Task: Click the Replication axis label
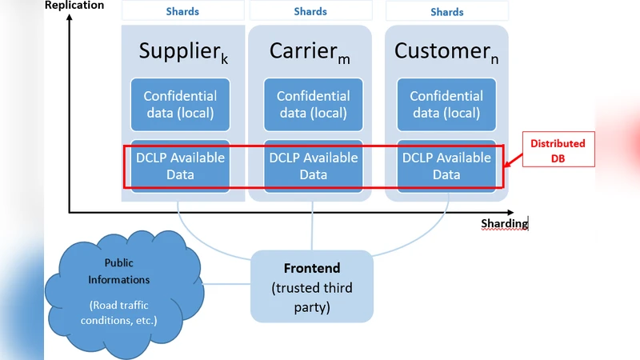click(x=74, y=6)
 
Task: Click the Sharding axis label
click(x=504, y=223)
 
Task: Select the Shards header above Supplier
click(x=182, y=11)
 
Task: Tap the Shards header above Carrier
click(x=310, y=11)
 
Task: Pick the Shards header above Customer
click(x=446, y=11)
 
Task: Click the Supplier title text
click(x=183, y=52)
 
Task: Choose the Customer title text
click(x=446, y=52)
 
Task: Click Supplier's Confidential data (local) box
click(x=179, y=104)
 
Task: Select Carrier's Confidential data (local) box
click(x=312, y=104)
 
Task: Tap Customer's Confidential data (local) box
click(x=446, y=104)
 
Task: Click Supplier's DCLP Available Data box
click(x=179, y=166)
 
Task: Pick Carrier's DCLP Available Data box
click(x=312, y=166)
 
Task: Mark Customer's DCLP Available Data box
click(x=446, y=166)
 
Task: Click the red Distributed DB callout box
click(x=558, y=150)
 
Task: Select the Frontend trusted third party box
click(x=312, y=286)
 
